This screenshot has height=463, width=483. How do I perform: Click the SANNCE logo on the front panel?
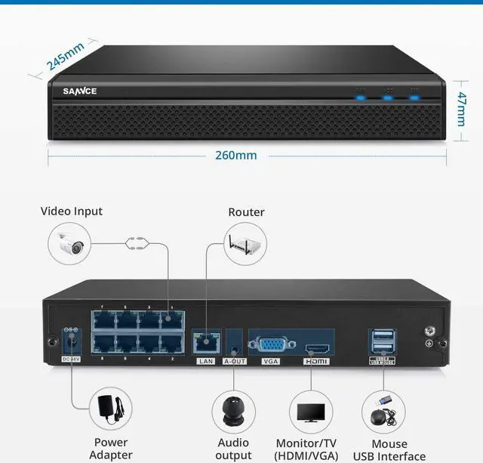80,91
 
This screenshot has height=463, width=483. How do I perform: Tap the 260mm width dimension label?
236,156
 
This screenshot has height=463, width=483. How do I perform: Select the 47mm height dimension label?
462,110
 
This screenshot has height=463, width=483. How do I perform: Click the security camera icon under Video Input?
71,243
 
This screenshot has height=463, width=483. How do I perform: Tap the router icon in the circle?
247,243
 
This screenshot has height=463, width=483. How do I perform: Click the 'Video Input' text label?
72,211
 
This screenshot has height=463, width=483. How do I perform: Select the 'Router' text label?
247,212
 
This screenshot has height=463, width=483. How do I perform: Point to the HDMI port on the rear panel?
315,350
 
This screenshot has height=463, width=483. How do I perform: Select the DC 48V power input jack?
71,343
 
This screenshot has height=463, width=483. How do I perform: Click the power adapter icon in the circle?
111,409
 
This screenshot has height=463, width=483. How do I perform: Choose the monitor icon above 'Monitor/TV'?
311,412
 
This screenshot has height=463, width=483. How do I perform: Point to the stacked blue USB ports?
383,341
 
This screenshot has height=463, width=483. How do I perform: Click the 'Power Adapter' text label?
111,449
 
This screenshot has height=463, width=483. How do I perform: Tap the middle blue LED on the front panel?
388,97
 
